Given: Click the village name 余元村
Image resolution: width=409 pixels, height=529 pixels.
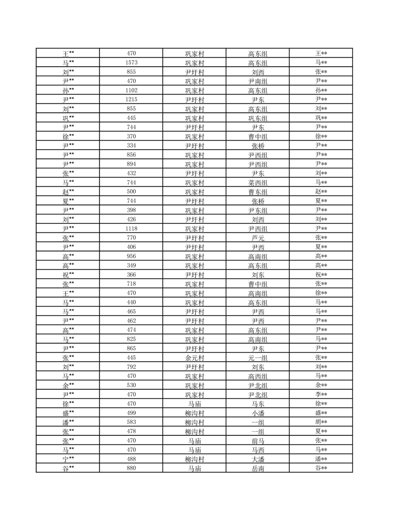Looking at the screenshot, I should click(x=194, y=358).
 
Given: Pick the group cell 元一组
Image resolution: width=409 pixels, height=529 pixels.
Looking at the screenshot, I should click(x=258, y=358).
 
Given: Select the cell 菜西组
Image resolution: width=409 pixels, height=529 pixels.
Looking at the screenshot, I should click(x=258, y=182).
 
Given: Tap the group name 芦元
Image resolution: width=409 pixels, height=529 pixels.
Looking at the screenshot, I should click(x=258, y=238).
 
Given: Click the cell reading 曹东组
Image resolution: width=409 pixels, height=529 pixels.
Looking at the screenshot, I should click(x=258, y=192).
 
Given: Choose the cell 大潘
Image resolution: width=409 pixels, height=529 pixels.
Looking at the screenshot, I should click(x=258, y=459).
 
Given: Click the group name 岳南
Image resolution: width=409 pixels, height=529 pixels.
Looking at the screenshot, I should click(x=258, y=468).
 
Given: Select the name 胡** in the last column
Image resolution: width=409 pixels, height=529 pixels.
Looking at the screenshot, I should click(x=321, y=422).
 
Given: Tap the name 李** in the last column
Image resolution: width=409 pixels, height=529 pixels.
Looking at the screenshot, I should click(x=321, y=395).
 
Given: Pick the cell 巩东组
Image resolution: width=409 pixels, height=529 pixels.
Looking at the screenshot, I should click(x=258, y=118).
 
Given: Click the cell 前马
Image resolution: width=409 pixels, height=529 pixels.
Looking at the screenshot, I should click(x=258, y=441).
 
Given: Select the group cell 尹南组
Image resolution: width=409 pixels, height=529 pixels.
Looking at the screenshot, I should click(x=258, y=81).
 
